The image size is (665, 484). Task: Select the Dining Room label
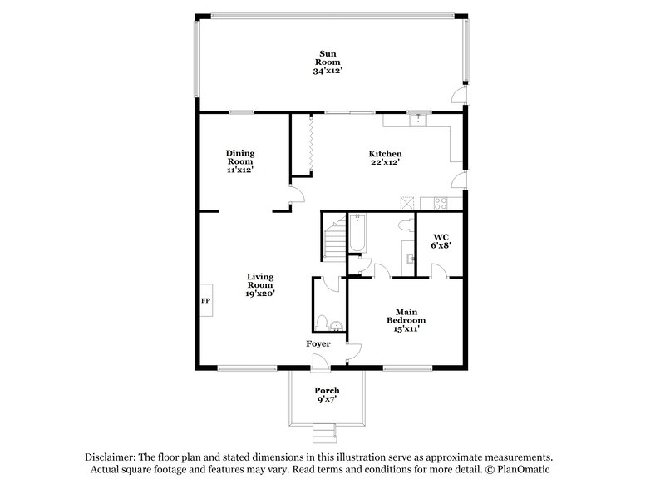pos(240,157)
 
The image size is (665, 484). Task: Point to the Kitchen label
pos(386,154)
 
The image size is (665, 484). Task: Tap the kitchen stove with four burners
pos(436,202)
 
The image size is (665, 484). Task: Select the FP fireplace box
pos(205,300)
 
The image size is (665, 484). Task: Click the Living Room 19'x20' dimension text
pos(260,293)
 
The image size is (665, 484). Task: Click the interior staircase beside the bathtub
pos(334,238)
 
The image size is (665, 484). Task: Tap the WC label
pos(440,237)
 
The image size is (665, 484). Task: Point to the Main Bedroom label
pos(406,317)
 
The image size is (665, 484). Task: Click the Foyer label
pos(318,344)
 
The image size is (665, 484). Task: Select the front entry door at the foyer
pos(318,361)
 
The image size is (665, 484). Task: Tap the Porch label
pos(326,391)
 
